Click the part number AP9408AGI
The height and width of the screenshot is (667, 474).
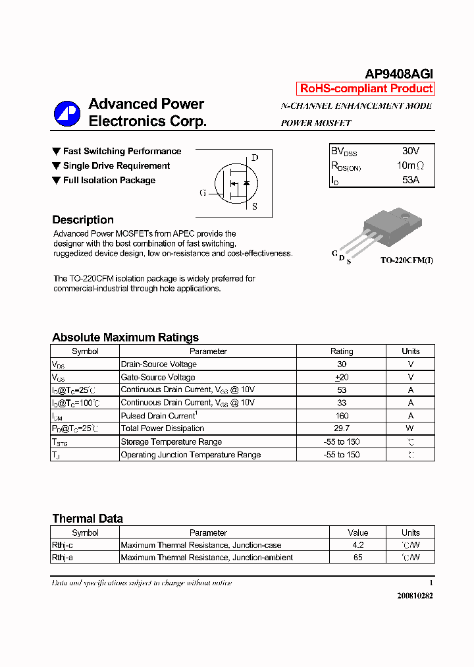click(x=399, y=74)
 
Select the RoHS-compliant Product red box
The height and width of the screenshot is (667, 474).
click(x=366, y=88)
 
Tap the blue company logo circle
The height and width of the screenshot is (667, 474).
click(x=67, y=113)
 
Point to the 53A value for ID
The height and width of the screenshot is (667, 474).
click(x=410, y=179)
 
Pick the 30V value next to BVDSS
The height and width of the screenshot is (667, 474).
click(x=410, y=151)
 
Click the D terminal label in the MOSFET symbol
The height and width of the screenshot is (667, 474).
click(x=255, y=158)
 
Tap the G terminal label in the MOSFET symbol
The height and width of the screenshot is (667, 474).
click(x=203, y=193)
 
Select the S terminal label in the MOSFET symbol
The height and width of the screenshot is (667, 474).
click(x=255, y=206)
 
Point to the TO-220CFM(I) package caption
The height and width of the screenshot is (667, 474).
click(x=406, y=260)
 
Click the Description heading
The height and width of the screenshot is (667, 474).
click(x=83, y=220)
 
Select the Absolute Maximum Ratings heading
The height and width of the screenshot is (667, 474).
click(x=125, y=337)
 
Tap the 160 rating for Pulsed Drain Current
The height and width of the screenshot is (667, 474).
click(x=342, y=416)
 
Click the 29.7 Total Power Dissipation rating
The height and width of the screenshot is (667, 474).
click(x=342, y=428)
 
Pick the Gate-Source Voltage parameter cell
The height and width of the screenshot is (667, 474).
click(x=158, y=378)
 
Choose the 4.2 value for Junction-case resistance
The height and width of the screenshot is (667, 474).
click(x=357, y=545)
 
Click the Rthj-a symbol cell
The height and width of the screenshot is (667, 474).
click(x=63, y=558)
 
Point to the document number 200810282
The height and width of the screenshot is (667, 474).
click(x=415, y=595)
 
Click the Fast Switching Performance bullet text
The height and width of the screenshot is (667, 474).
click(x=122, y=152)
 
